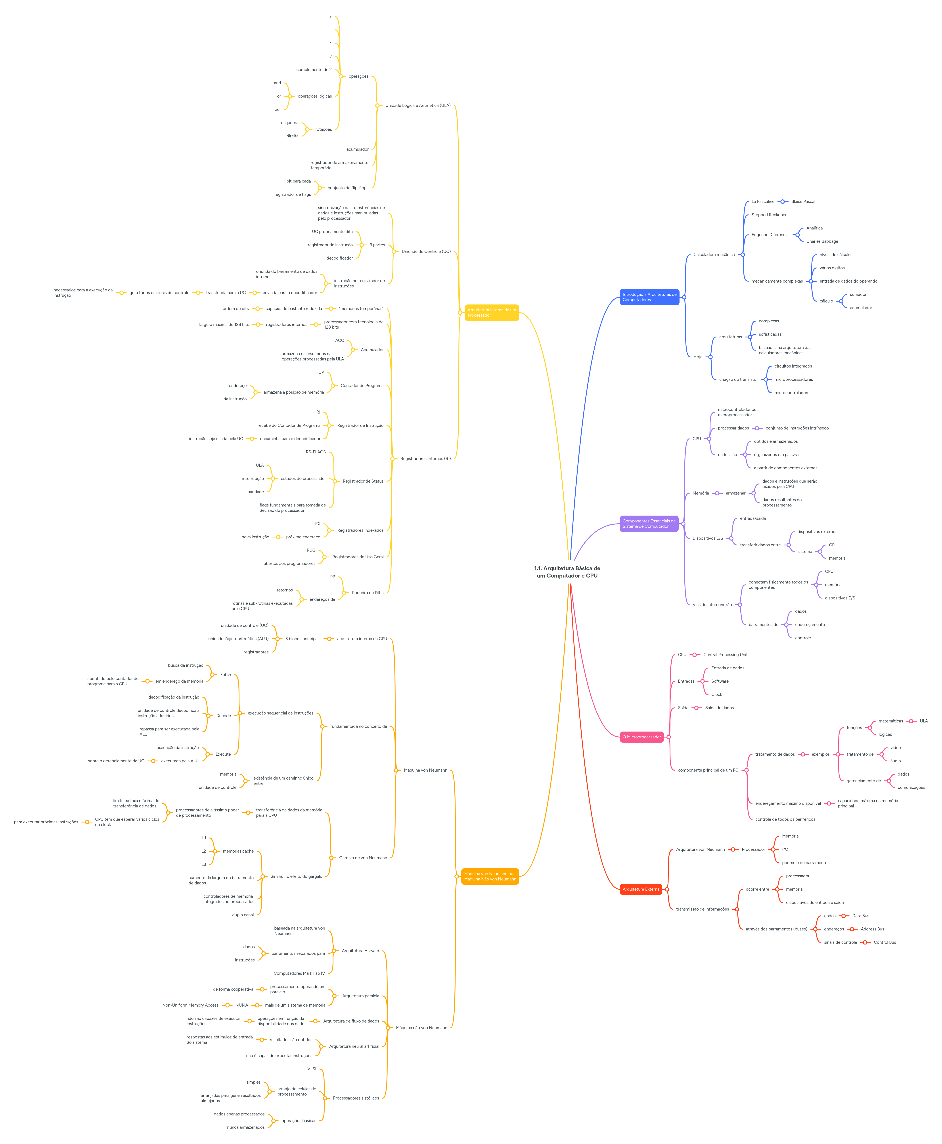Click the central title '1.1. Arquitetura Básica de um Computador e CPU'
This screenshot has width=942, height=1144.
pyautogui.click(x=567, y=572)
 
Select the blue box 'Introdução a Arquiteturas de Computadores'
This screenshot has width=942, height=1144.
pyautogui.click(x=649, y=297)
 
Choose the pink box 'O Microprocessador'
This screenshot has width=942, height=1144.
pyautogui.click(x=641, y=737)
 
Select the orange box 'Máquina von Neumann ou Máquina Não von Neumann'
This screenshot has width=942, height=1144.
pyautogui.click(x=489, y=876)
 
